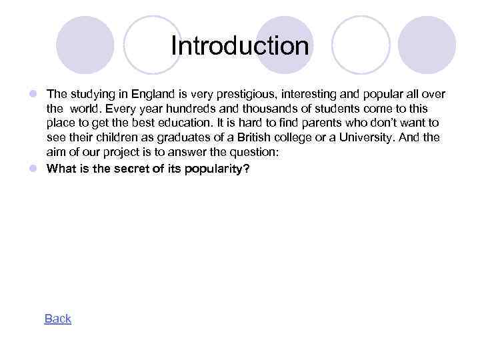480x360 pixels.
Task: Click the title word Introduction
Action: tap(240, 47)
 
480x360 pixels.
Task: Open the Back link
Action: tap(57, 319)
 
